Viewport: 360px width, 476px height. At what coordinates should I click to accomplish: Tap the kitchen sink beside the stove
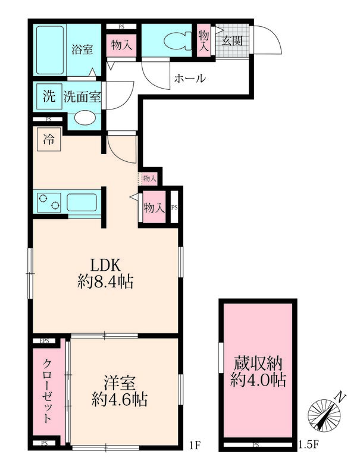(80, 203)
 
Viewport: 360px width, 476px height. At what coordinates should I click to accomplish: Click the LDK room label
(105, 264)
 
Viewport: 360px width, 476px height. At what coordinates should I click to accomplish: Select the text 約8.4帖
(105, 281)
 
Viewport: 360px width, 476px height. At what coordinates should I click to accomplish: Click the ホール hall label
(189, 78)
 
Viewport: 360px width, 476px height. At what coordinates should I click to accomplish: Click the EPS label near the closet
(44, 341)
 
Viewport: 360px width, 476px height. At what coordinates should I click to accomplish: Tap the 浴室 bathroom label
(82, 49)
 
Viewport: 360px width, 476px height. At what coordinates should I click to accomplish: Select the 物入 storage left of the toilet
(123, 45)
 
